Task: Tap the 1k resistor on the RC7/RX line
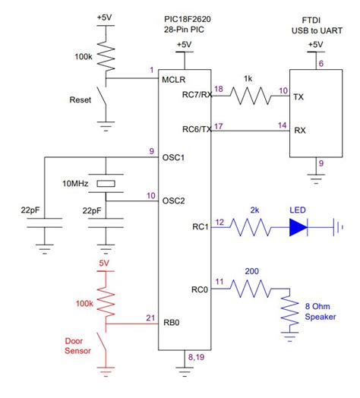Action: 250,95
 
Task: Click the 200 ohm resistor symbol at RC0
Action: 251,288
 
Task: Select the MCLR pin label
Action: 173,78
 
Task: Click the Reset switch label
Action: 81,99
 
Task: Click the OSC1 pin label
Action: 174,157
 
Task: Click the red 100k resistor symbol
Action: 106,302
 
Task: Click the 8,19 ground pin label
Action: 196,355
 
